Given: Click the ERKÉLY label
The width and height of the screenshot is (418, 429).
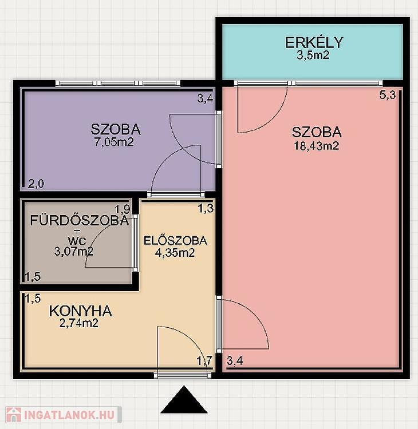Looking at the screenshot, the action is [314, 42].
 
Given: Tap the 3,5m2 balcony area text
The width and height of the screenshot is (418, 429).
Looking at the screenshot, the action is [313, 55].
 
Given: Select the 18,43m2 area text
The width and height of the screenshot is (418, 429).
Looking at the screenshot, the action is [317, 145].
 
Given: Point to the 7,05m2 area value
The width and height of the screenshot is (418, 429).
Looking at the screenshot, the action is [114, 142].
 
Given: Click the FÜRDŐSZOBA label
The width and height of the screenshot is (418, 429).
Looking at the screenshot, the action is [80, 221].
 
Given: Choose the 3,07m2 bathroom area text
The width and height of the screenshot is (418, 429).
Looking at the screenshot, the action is [74, 251].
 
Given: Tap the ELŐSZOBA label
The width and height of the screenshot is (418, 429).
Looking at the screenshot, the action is [175, 241].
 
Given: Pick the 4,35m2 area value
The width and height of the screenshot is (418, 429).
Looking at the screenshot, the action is [175, 252].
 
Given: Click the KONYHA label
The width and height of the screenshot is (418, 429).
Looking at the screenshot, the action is [81, 311].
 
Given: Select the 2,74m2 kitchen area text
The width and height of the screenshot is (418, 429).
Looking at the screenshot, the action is [79, 323].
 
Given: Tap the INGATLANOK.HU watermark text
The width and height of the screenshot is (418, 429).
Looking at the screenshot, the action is [69, 415].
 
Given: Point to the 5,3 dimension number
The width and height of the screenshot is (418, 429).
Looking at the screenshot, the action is [387, 95].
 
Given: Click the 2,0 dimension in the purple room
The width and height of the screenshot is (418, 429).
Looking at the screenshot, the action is [36, 184].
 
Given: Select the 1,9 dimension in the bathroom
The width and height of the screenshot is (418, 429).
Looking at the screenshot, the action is [122, 209].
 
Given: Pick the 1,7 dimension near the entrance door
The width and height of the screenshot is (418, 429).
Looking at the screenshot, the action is [204, 361].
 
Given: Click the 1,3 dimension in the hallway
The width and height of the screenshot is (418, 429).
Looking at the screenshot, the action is [206, 209].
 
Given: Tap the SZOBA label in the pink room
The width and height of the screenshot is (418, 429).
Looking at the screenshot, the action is [317, 132].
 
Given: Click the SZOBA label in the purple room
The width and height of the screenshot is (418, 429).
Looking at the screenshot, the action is [116, 129].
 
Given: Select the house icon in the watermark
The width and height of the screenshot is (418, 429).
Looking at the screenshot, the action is [14, 415].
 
